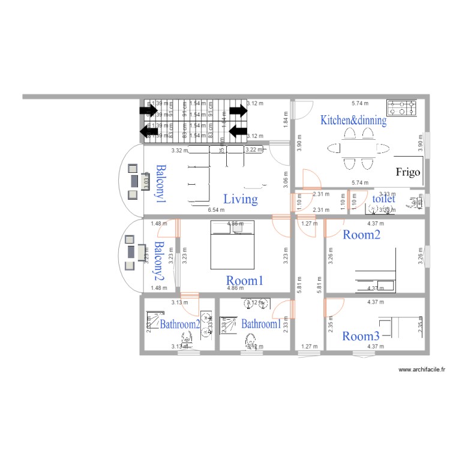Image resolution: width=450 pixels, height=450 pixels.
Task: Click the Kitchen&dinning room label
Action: pos(353,120)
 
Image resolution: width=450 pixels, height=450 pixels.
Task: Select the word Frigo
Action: pos(408,172)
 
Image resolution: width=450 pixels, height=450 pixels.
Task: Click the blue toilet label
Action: pos(384,199)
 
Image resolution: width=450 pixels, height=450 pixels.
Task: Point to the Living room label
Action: pos(241,199)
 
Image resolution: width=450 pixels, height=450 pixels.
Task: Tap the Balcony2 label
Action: pos(159,261)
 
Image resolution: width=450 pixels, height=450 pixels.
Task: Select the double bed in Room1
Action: pos(232,244)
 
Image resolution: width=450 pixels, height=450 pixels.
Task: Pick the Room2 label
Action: pos(361,235)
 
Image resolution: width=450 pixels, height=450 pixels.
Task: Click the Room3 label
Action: pos(361,336)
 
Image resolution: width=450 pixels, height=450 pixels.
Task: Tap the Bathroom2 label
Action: pos(179,324)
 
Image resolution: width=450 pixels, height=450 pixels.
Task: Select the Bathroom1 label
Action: pos(261,324)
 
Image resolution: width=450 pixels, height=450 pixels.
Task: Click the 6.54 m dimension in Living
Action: pos(216,210)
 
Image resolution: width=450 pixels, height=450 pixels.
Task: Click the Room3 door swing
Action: pos(333,307)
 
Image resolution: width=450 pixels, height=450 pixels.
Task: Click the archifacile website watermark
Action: pos(423,370)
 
